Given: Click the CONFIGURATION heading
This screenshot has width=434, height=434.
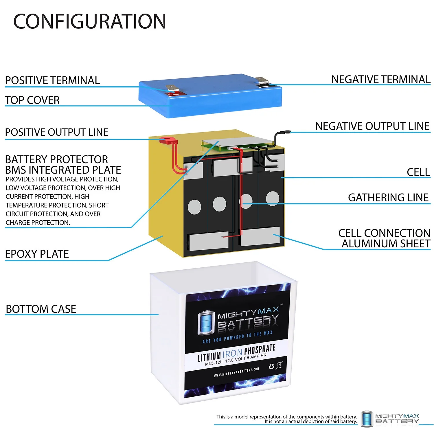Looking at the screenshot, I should click(90, 22).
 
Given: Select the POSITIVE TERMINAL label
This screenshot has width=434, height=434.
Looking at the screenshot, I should click(52, 80).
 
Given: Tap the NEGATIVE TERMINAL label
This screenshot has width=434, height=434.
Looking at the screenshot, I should click(381, 80).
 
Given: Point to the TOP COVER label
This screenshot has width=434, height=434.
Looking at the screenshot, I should click(32, 100).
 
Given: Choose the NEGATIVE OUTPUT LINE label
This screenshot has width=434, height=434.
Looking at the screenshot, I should click(372, 126).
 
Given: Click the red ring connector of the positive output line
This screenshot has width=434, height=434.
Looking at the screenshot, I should click(166, 140).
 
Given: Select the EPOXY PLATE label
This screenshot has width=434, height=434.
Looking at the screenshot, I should click(37, 254).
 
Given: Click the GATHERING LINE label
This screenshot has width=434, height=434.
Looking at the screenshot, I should click(388, 198).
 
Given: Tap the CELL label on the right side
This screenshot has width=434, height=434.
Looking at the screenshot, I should click(418, 172).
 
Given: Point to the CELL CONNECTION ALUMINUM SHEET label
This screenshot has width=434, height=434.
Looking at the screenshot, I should click(384, 238).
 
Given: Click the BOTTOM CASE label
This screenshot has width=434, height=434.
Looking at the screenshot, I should click(41, 309).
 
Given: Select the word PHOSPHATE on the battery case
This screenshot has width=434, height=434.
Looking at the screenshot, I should click(260, 349).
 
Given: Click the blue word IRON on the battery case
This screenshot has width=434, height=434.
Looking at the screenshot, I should click(232, 354).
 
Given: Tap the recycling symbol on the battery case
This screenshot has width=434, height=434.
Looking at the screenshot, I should click(271, 367).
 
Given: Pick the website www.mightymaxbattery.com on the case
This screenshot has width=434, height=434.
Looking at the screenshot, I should click(236, 372).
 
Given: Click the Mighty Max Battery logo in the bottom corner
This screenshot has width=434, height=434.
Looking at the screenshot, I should click(390, 418).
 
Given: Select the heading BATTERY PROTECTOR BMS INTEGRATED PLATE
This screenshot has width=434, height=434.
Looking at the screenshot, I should click(63, 165).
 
